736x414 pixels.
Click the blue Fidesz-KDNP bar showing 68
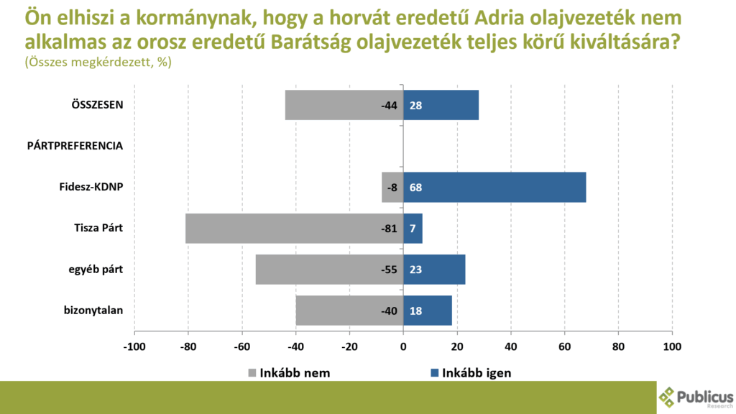(x=494, y=188)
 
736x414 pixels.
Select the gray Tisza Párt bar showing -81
(x=294, y=229)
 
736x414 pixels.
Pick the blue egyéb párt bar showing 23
(x=434, y=270)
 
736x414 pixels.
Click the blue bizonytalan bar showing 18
(x=428, y=310)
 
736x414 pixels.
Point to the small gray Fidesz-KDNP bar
(x=392, y=188)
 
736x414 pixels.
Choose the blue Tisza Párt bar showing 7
(x=413, y=229)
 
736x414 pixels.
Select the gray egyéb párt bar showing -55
(x=329, y=270)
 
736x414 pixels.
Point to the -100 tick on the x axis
(x=134, y=346)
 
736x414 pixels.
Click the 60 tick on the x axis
(x=564, y=346)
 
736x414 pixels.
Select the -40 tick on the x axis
(x=295, y=346)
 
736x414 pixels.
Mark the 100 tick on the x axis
(x=671, y=346)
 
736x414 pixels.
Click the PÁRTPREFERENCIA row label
(x=75, y=146)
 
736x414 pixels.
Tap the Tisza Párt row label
(x=98, y=229)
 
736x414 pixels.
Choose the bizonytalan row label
(x=93, y=310)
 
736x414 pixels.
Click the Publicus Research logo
(x=696, y=397)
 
